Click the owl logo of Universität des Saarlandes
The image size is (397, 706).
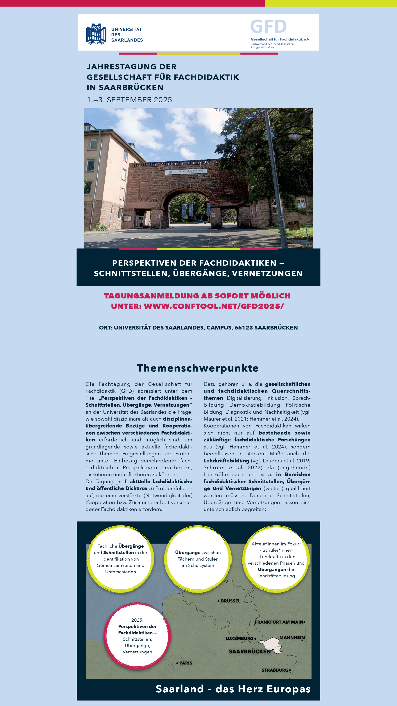[96, 34]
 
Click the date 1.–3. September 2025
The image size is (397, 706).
[129, 100]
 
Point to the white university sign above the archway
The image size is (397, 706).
[186, 172]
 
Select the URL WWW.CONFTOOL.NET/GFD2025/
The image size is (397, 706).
[214, 306]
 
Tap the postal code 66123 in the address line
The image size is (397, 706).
[244, 327]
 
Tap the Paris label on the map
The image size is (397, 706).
[185, 663]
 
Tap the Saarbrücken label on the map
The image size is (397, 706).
[250, 651]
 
